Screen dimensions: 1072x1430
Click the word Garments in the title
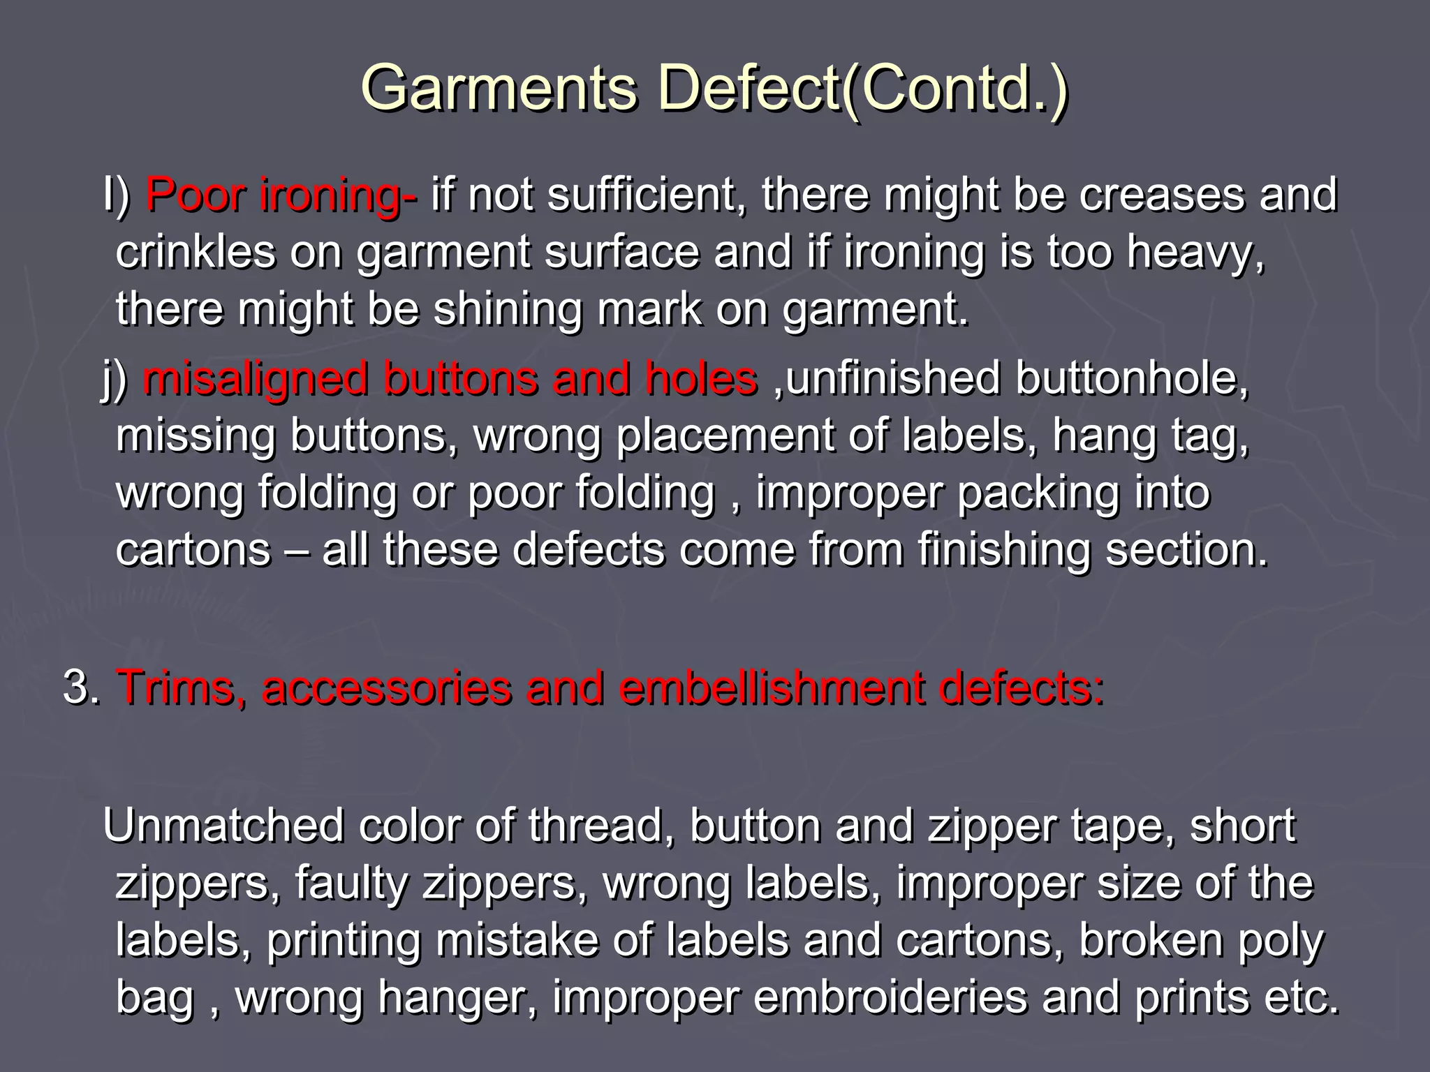coord(499,89)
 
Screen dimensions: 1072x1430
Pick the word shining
coord(508,309)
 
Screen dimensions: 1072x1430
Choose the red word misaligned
coord(255,379)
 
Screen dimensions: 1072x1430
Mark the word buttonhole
coord(1132,379)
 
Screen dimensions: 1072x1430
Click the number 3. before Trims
coord(82,688)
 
